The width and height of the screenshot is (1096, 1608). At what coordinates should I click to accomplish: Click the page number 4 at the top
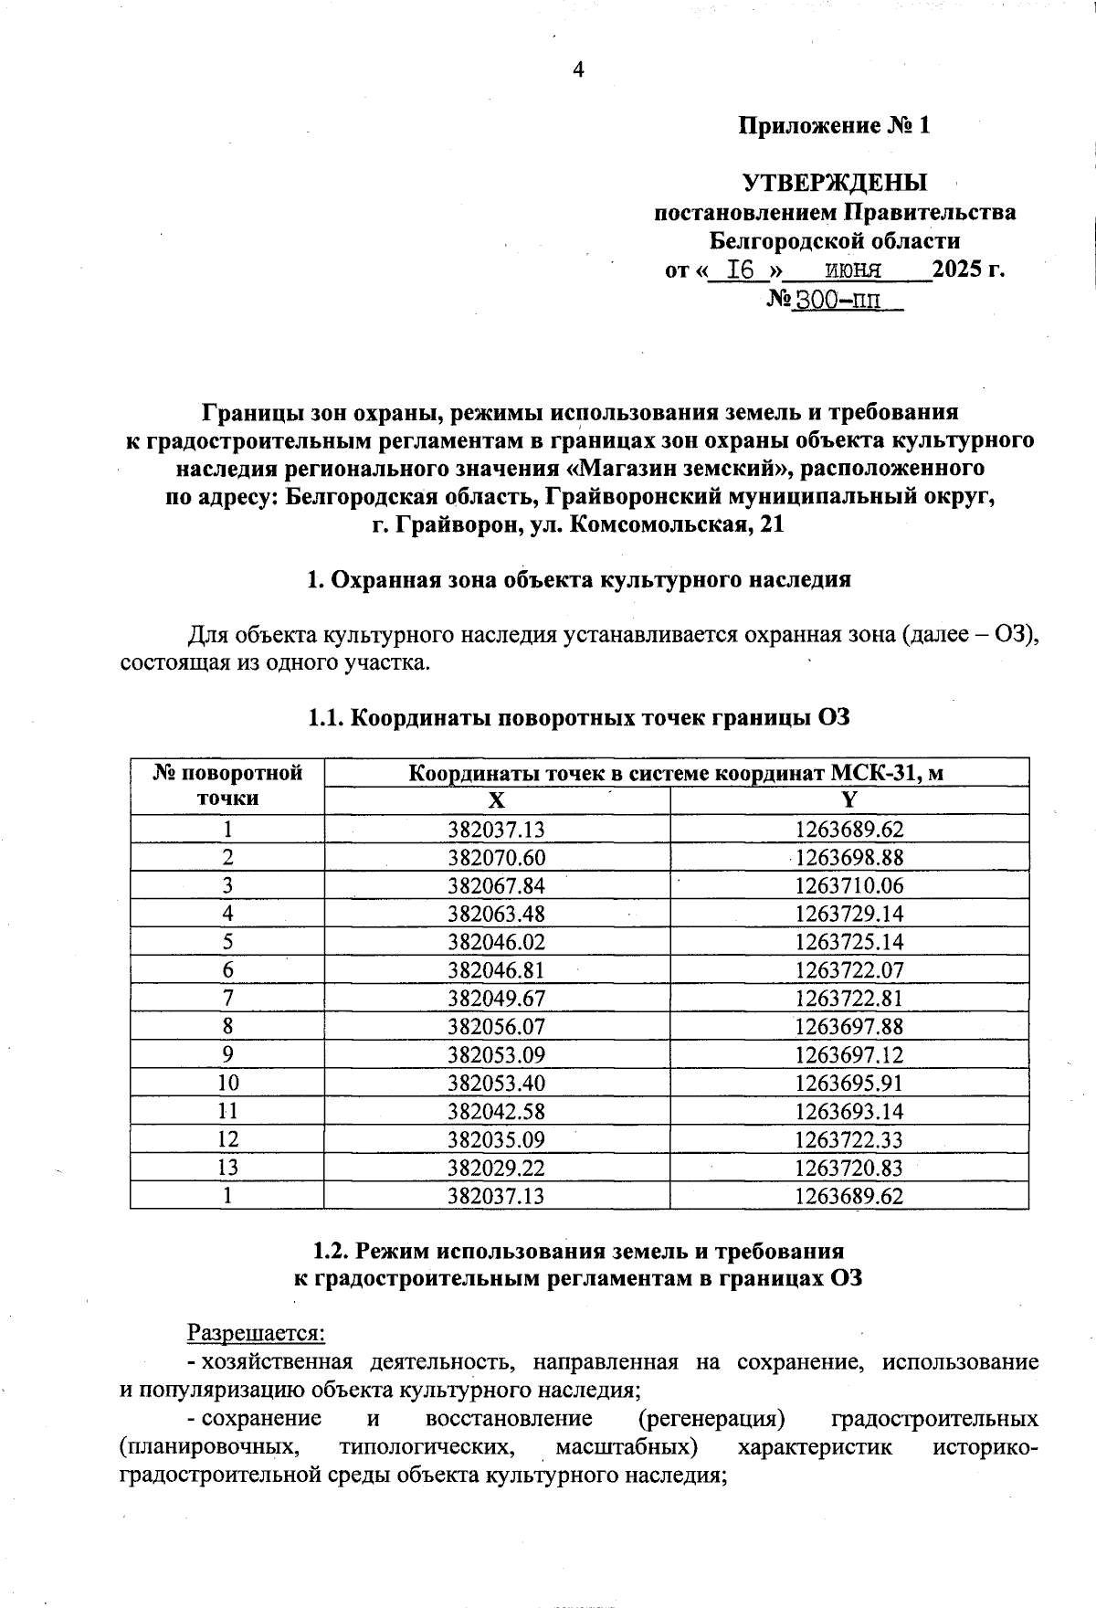577,70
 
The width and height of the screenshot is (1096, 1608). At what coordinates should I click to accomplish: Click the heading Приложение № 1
834,125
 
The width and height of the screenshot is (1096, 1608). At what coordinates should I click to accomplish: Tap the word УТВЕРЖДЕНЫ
835,183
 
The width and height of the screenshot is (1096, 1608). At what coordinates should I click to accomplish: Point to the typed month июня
852,270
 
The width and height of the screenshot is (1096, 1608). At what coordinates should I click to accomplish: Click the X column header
496,801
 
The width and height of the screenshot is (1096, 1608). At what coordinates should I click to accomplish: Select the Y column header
848,801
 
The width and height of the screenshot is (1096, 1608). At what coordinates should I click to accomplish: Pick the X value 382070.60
496,858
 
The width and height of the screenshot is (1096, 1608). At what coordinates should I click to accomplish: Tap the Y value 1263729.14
848,914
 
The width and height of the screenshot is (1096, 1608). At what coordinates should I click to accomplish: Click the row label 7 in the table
227,999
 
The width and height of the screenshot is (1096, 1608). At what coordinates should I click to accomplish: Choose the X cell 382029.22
496,1168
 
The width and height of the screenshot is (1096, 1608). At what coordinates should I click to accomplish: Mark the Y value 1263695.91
848,1084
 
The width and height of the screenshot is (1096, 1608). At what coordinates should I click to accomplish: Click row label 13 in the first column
227,1168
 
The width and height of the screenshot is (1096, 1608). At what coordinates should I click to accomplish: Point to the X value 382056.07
496,1027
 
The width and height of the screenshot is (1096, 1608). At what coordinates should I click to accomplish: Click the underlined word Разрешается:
257,1333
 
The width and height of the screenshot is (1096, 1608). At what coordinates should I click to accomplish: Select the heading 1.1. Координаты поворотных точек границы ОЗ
579,718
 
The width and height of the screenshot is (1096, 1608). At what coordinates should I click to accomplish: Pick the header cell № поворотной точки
227,786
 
